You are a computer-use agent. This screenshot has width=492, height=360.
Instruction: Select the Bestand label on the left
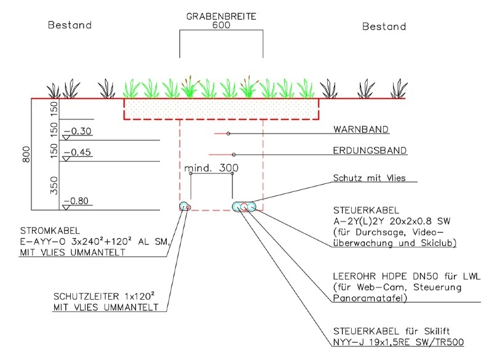(x=70, y=26)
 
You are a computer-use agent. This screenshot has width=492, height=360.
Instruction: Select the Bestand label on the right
(x=384, y=26)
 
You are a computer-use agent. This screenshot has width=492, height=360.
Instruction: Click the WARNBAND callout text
(x=360, y=130)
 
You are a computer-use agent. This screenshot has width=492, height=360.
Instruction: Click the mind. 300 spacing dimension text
(x=211, y=168)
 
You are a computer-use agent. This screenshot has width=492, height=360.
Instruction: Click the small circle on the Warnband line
(x=228, y=134)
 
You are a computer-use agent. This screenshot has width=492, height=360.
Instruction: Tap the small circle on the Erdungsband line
(x=232, y=154)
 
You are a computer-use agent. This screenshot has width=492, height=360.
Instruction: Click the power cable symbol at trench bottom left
(x=184, y=206)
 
